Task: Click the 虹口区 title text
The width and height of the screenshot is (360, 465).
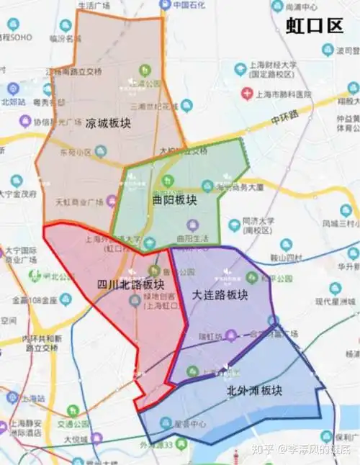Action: click(315, 27)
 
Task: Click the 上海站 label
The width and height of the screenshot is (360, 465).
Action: click(30, 396)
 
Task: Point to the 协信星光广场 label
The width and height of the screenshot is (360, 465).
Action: click(57, 120)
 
